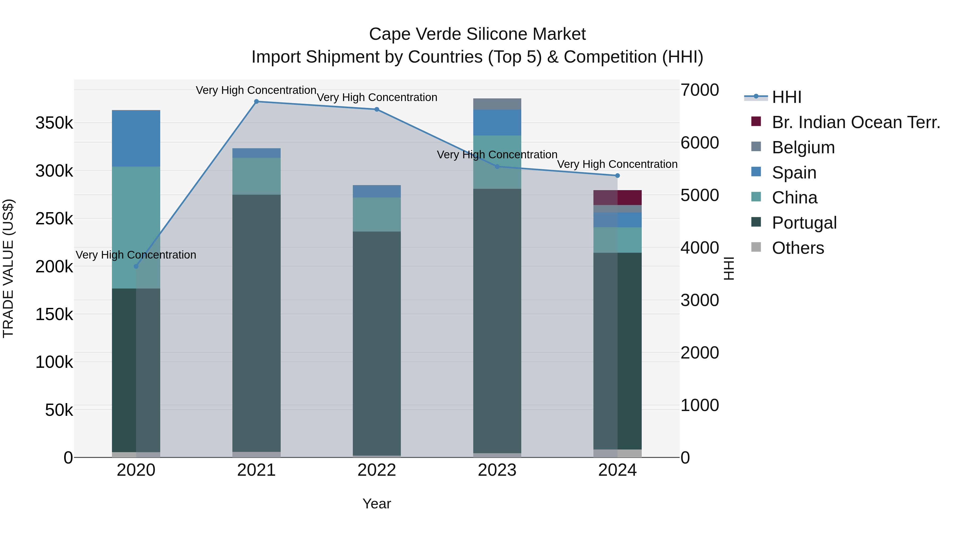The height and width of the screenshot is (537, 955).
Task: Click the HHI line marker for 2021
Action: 256,102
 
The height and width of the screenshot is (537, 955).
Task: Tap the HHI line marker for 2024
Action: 617,176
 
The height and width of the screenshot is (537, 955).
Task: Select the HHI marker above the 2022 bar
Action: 377,109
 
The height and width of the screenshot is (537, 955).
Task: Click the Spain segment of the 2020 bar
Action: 136,139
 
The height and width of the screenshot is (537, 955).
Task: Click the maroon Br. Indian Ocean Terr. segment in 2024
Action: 629,198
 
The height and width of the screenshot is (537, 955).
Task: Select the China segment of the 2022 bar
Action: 377,215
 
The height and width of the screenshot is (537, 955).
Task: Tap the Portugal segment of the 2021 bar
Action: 256,322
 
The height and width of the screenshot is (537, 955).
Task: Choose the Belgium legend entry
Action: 803,147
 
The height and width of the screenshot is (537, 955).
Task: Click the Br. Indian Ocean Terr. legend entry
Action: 856,122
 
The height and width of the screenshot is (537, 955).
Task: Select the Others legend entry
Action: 797,248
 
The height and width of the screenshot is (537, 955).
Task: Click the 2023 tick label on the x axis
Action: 497,470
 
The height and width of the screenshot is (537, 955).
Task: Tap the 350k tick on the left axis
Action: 54,123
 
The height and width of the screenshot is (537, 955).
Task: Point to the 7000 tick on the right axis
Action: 700,90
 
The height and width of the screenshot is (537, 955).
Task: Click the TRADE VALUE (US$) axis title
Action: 8,268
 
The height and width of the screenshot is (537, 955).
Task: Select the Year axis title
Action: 377,504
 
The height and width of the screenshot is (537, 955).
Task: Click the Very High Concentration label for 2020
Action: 136,255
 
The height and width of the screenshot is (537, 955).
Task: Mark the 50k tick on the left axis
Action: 59,410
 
